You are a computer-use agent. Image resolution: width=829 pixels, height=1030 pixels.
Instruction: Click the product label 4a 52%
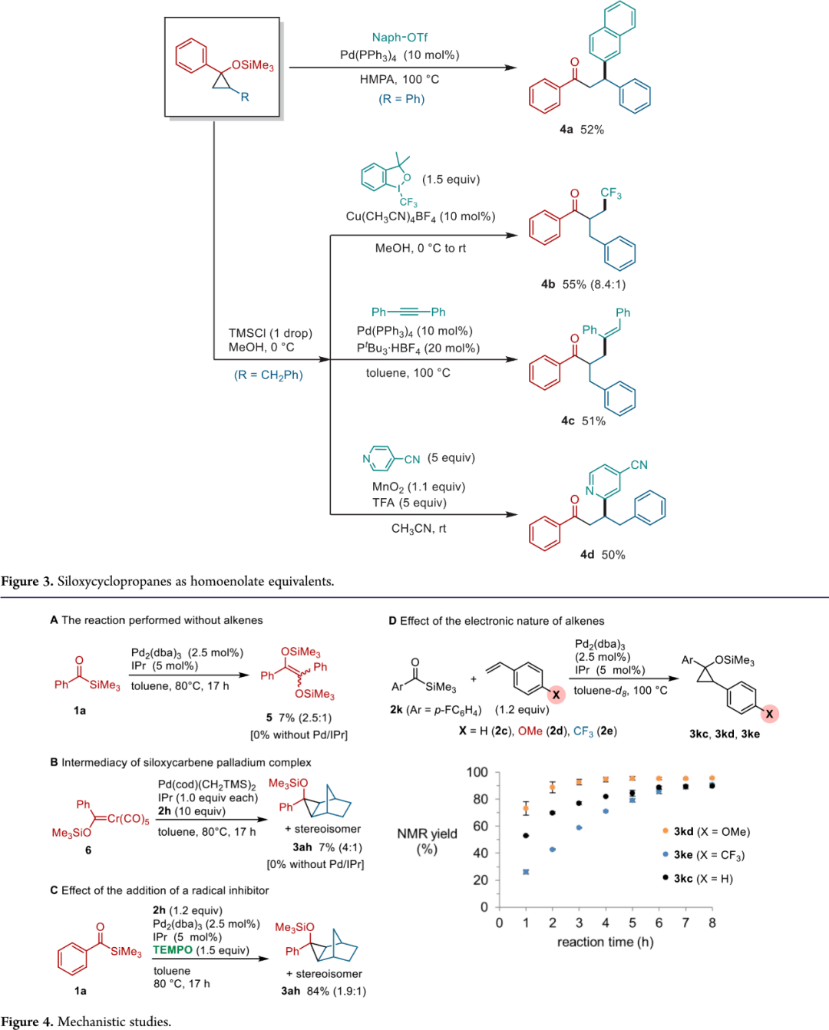coord(581,130)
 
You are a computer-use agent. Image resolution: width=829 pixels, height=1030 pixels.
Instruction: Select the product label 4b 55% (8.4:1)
coord(583,284)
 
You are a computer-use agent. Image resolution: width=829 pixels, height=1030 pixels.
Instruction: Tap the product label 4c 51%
coord(583,421)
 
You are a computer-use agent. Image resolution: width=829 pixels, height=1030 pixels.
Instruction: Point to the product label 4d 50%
coord(602,554)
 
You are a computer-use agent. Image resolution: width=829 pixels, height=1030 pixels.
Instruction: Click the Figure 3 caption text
coord(167,581)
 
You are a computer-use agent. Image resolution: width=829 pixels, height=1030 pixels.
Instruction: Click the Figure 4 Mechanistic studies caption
coord(86,1022)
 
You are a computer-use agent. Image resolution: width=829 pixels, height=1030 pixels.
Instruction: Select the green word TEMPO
coord(173,949)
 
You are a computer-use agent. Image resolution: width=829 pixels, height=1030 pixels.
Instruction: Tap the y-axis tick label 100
coord(477,772)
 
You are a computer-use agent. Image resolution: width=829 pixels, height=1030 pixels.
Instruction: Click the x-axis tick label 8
coord(712,923)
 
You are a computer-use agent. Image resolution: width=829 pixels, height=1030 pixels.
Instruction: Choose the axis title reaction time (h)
coord(605,942)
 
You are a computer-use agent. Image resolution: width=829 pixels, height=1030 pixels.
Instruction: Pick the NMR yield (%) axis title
coord(427,841)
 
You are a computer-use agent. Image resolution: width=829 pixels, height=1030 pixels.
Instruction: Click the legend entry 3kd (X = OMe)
coord(711,831)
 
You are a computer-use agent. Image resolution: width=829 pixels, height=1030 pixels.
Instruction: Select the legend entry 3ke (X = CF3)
coord(708,855)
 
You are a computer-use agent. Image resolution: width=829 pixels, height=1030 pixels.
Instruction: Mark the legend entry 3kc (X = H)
coord(702,878)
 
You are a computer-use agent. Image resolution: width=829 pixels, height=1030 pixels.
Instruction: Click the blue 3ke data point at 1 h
coord(526,872)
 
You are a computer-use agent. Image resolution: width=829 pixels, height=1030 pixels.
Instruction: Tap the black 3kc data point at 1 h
coord(526,835)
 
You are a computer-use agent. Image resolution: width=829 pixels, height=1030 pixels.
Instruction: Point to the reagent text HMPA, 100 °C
coord(399,79)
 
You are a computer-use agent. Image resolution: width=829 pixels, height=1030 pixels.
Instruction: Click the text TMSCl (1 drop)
coord(269,333)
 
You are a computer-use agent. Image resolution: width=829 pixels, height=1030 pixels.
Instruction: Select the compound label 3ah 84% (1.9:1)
coord(323,991)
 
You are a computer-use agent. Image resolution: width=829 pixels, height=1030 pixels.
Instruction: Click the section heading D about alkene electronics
coord(496,621)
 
